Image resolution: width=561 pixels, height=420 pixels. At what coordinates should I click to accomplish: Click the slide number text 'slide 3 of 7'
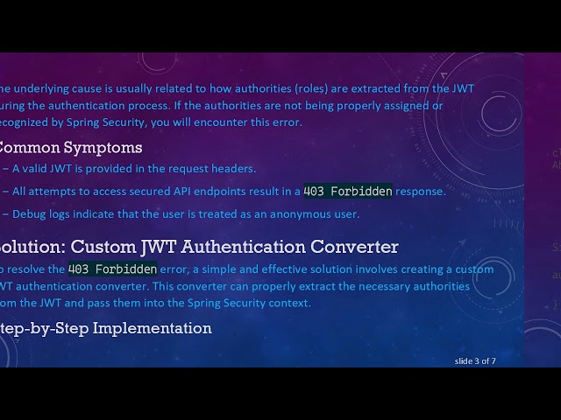475,360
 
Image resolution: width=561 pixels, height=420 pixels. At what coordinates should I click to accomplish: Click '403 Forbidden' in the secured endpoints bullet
348,191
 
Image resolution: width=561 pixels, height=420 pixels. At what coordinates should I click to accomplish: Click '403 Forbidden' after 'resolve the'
112,269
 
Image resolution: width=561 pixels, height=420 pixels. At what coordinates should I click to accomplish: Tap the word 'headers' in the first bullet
234,169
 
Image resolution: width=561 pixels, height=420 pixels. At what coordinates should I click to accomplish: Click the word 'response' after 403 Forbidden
421,191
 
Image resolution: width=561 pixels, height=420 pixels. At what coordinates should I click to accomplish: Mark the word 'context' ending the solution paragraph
288,303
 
